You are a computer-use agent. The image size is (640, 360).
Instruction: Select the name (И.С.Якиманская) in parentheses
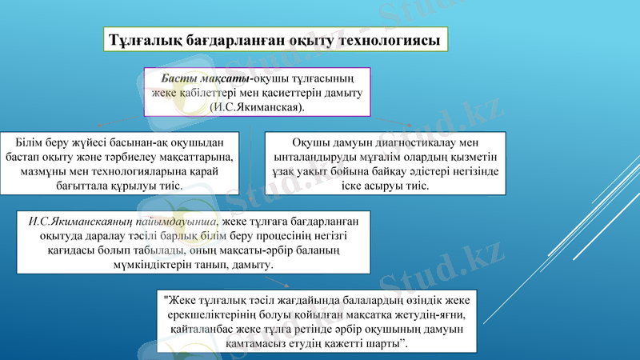pyautogui.click(x=256, y=106)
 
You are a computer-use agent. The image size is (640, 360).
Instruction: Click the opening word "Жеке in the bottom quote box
pyautogui.click(x=180, y=301)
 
